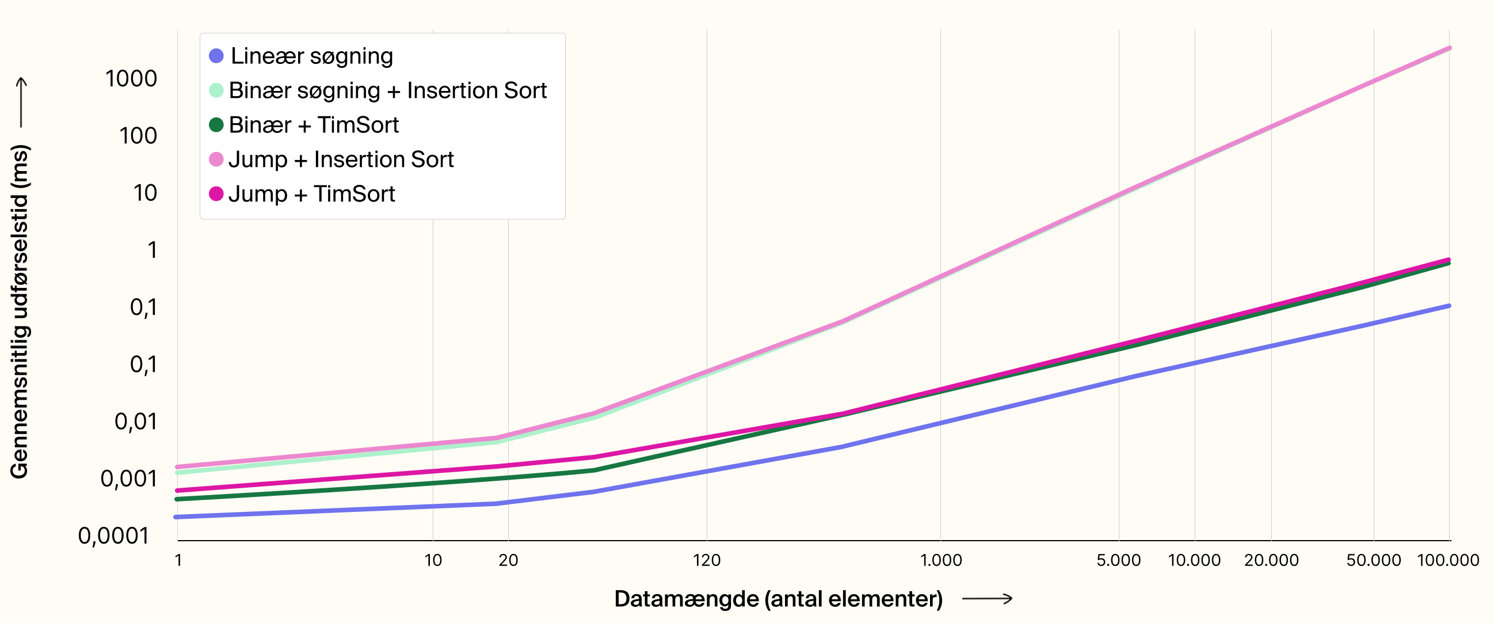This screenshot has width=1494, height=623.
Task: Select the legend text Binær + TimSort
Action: [x=313, y=126]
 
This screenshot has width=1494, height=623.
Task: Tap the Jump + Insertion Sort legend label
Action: [x=341, y=159]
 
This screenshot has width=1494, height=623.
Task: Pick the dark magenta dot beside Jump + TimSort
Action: [x=216, y=193]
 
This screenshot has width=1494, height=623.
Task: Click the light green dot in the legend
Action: [x=216, y=90]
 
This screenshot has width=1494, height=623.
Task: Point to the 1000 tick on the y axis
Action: [x=131, y=79]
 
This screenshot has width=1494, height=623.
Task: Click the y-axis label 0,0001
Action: [x=114, y=536]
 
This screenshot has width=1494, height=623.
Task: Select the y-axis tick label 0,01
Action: [x=136, y=421]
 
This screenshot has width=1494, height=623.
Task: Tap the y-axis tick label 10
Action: [x=145, y=193]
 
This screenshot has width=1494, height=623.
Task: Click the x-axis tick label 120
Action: [x=706, y=560]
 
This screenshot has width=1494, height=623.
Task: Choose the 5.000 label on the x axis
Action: [x=1118, y=560]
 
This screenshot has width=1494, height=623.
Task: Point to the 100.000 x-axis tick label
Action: [x=1447, y=560]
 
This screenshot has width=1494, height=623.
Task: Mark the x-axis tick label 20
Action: [x=508, y=560]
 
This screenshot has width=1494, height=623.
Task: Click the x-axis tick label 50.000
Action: [x=1373, y=560]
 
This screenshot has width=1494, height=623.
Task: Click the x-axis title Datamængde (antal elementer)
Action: [x=778, y=599]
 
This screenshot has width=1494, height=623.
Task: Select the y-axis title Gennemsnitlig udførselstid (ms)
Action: [x=20, y=311]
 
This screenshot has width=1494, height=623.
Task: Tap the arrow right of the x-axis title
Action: [x=987, y=599]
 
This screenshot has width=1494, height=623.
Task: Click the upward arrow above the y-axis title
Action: [x=21, y=102]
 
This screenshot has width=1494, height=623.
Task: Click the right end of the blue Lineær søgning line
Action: [x=1448, y=306]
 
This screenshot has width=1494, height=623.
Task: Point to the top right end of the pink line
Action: [x=1448, y=49]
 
